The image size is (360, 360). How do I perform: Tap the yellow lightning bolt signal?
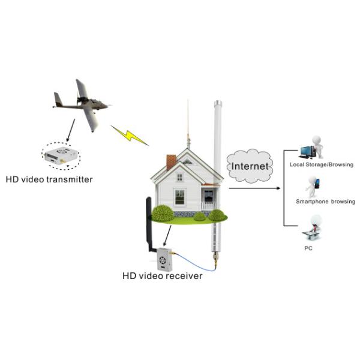tap(129, 135)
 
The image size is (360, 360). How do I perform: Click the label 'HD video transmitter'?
tap(49, 178)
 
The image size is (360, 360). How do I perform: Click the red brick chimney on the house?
tap(171, 161)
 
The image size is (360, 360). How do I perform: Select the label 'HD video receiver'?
tap(163, 276)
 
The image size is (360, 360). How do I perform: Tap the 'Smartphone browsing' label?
tap(325, 202)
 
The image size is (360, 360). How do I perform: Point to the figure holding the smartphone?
tap(313, 186)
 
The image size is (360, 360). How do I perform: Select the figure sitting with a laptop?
tap(314, 227)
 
